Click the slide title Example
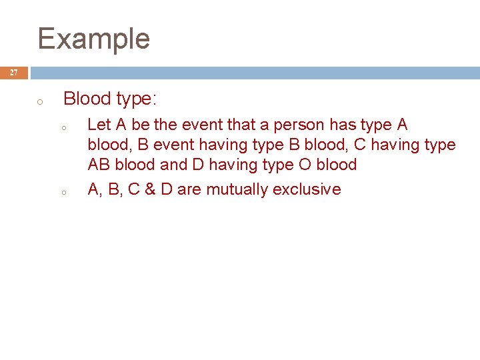tap(93, 39)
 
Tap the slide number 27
tap(14, 73)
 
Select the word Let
tap(99, 125)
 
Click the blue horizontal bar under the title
tap(253, 73)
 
